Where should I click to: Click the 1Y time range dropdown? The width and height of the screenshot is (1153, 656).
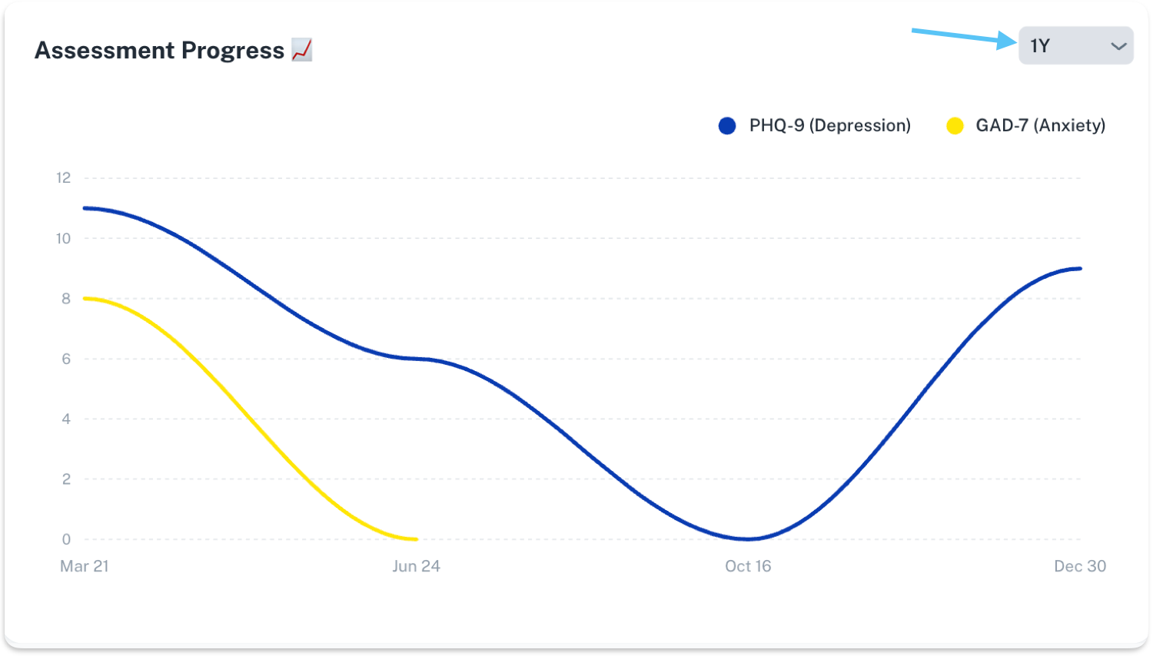[1075, 46]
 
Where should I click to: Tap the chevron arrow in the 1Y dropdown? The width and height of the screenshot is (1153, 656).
[1118, 47]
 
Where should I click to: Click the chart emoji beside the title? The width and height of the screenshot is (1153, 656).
[302, 50]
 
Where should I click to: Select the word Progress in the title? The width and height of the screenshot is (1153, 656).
[233, 51]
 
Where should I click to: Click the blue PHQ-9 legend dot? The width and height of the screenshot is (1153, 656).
[727, 126]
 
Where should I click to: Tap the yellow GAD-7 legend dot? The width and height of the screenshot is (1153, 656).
[955, 126]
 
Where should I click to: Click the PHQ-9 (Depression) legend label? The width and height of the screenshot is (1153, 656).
[829, 125]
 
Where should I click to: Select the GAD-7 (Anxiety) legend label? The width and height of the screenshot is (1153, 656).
[1040, 125]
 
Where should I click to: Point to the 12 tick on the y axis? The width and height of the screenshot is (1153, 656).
[63, 178]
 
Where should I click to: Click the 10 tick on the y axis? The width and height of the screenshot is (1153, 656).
[63, 238]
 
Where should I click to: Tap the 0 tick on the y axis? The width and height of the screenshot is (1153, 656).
[66, 539]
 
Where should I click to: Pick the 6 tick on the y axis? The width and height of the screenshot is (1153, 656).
[66, 359]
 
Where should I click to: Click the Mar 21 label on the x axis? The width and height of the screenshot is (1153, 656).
[85, 566]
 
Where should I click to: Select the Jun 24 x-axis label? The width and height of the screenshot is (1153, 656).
[416, 566]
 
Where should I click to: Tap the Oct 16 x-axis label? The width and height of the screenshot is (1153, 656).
[748, 566]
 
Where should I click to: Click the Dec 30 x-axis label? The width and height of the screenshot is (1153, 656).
[1079, 566]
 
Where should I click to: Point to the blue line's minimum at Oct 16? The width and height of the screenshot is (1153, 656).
[748, 538]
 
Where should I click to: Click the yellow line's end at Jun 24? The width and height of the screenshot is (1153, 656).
[416, 538]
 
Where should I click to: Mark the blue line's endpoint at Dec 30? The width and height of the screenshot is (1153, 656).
[1080, 269]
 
